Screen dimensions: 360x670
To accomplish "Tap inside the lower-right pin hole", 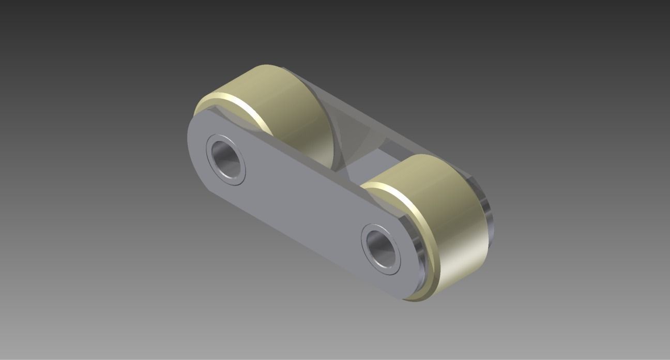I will tap(382, 248).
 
